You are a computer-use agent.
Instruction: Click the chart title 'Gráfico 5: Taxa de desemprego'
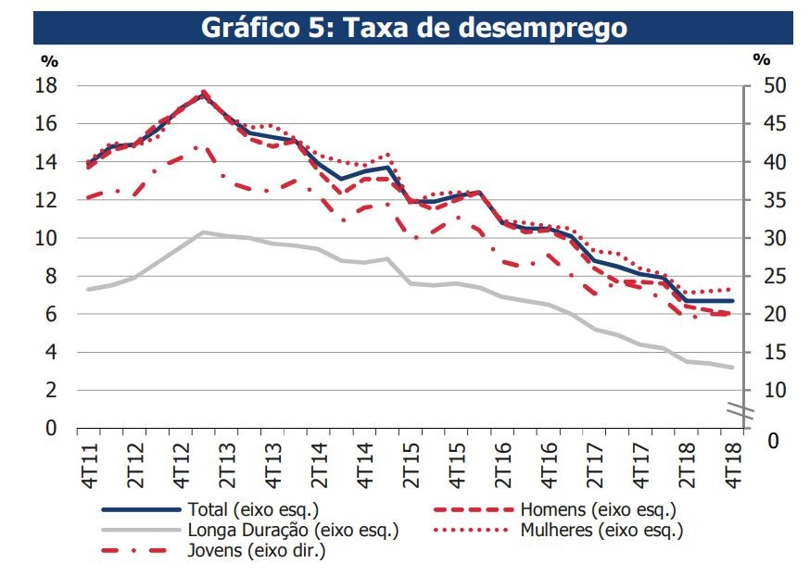click(x=413, y=28)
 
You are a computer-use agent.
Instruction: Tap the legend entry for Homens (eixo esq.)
click(x=598, y=509)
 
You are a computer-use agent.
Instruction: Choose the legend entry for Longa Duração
click(x=293, y=530)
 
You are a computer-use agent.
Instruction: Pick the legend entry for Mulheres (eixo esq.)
click(x=601, y=530)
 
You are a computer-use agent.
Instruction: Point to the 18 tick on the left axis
click(x=46, y=85)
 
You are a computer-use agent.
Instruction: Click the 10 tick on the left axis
click(x=46, y=238)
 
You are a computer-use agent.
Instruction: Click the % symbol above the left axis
click(x=49, y=60)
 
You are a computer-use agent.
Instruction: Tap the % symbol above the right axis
click(x=761, y=60)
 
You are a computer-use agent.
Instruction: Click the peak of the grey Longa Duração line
click(x=203, y=232)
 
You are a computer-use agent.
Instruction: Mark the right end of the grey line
click(x=734, y=368)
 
